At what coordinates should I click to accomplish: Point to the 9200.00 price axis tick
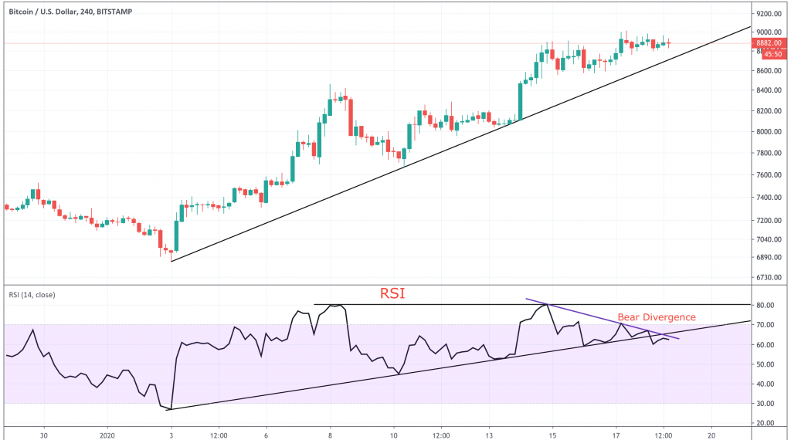(771, 14)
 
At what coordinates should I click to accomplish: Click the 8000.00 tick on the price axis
(771, 131)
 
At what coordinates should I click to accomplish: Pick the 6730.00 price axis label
(771, 277)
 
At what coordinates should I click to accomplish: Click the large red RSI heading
(393, 294)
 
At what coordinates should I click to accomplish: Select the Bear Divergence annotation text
(657, 317)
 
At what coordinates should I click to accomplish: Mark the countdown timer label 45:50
(772, 54)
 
